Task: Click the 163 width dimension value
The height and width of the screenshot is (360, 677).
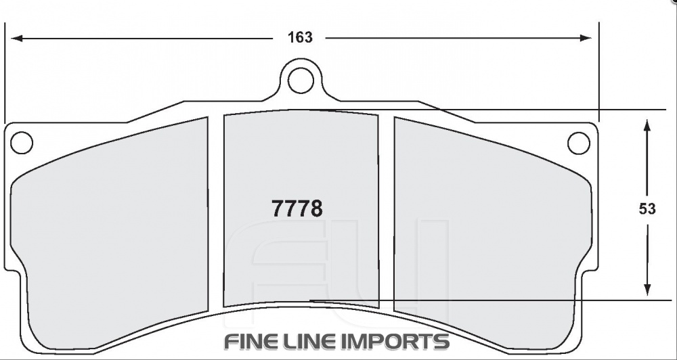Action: pyautogui.click(x=300, y=38)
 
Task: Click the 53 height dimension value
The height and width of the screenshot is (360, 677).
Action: pyautogui.click(x=647, y=209)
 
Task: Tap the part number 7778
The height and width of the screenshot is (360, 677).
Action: pyautogui.click(x=297, y=208)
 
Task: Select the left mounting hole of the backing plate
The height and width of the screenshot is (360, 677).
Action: pyautogui.click(x=22, y=143)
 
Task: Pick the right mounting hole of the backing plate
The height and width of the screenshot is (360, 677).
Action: pyautogui.click(x=578, y=143)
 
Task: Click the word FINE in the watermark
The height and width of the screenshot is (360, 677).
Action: pyautogui.click(x=253, y=341)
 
